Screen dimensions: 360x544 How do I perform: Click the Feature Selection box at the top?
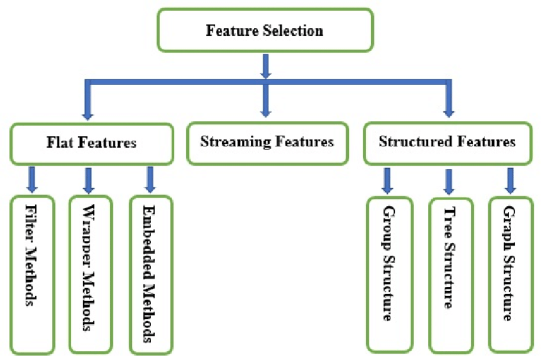pos(264,30)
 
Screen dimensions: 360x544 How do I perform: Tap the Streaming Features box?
pos(267,142)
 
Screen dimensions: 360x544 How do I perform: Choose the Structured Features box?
pos(447,142)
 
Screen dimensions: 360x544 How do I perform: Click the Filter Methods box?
pos(31,275)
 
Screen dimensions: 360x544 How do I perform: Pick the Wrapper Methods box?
pos(90,275)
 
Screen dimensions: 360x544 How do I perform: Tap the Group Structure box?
pos(388,275)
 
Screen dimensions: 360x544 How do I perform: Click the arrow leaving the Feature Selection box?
pos(265,66)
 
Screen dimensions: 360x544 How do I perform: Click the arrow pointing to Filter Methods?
pos(31,180)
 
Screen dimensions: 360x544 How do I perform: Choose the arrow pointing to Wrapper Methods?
pos(89,180)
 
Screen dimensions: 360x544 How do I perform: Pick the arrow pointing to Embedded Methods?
pos(150,180)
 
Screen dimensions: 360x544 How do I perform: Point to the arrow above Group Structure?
pos(387,181)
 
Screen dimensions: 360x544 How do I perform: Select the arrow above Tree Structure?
pos(449,182)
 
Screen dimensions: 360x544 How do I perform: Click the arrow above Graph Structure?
pos(510,181)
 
